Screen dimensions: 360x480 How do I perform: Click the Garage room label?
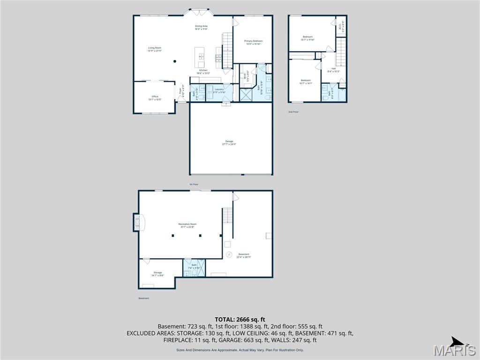[x=229, y=141]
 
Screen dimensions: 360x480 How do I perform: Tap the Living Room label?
[x=155, y=48]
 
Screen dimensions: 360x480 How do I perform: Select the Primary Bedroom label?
[x=254, y=41]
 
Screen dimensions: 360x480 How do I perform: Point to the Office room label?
[x=155, y=97]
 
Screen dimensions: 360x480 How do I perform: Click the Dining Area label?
[x=202, y=26]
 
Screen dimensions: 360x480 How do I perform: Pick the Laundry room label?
[x=219, y=89]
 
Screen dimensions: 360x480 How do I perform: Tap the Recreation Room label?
[x=187, y=224]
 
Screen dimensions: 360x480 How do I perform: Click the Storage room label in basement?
[x=157, y=273]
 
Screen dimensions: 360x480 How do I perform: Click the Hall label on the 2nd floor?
[x=334, y=68]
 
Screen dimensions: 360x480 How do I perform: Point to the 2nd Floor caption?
[x=293, y=112]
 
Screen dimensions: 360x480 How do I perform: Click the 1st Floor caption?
[x=194, y=184]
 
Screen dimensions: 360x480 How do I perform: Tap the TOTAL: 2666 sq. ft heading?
[x=240, y=319]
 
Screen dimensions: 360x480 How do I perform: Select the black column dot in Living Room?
[x=174, y=61]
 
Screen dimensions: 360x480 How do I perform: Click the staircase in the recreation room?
[x=227, y=216]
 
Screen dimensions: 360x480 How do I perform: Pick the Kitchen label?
[x=203, y=70]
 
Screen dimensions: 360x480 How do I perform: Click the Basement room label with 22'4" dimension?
[x=244, y=255]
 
